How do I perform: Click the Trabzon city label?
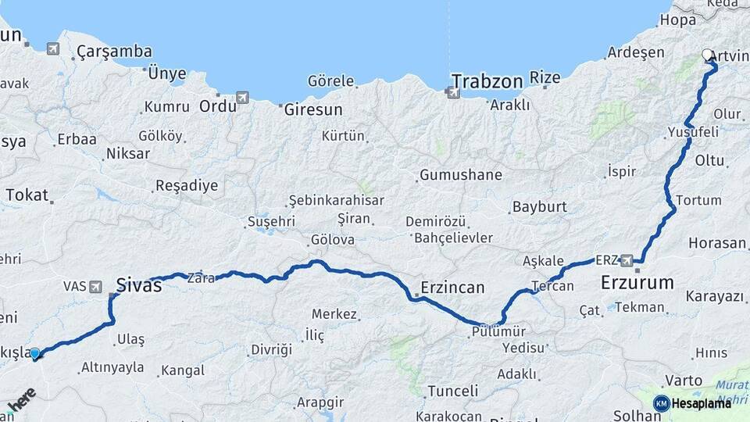click(486, 80)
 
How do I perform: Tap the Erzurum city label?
click(637, 282)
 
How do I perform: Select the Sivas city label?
click(139, 285)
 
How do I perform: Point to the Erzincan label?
click(453, 287)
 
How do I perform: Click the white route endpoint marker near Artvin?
click(707, 55)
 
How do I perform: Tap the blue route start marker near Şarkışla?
click(34, 354)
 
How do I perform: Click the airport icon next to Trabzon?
click(452, 93)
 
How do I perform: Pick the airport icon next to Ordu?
click(242, 98)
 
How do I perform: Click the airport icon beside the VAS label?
click(95, 287)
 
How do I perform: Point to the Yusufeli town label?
click(693, 133)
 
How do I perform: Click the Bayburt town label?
click(539, 208)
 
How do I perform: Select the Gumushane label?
click(460, 175)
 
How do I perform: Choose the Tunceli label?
click(452, 391)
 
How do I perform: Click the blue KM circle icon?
click(661, 403)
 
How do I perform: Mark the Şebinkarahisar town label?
click(336, 200)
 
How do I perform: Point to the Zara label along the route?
click(200, 277)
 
